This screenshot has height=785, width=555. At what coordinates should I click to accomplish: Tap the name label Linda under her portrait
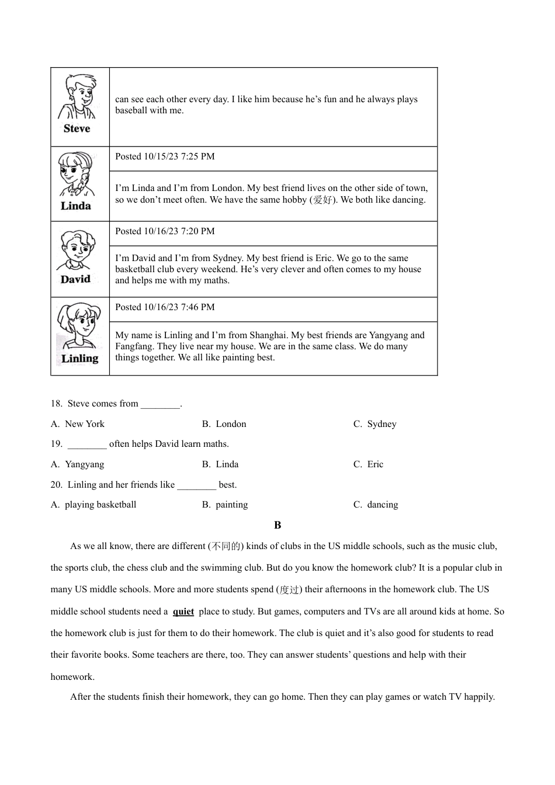tap(76, 206)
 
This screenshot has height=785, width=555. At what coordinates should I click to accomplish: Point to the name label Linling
tap(80, 359)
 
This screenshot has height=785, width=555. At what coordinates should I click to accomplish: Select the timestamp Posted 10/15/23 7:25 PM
tap(165, 157)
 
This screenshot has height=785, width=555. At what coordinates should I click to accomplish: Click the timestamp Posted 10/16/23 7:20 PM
tap(165, 231)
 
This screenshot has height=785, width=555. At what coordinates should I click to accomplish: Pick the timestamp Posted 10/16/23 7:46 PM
tap(165, 307)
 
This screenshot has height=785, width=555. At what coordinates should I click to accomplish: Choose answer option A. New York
tap(78, 424)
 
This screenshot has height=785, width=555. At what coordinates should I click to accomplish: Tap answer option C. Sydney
tap(375, 424)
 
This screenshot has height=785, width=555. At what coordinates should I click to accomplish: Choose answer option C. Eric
tap(369, 464)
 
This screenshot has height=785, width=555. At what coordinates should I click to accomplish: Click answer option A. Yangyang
tap(78, 464)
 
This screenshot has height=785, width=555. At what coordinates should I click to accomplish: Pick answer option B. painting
tap(225, 505)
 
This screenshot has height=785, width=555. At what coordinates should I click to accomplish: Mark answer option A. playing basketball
tap(93, 505)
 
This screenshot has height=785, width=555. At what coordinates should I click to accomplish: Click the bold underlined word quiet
tap(183, 612)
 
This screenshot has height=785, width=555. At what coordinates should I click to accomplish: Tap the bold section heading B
tap(277, 525)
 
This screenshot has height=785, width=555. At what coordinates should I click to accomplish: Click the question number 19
tap(56, 444)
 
